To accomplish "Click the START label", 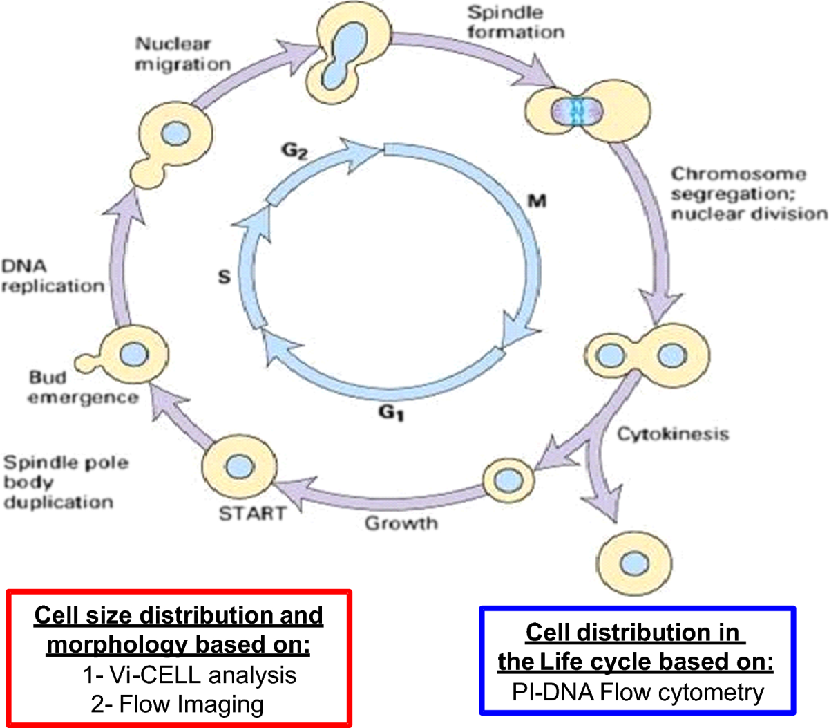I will (252, 514).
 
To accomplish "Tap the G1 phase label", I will (391, 413).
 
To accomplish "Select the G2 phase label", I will (295, 151).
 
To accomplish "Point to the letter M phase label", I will (537, 201).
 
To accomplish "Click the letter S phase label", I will (224, 277).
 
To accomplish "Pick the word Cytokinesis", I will (672, 434).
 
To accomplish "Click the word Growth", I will (401, 523).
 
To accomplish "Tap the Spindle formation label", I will (515, 22).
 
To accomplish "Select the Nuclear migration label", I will (182, 54).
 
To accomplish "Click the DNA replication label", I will (53, 276).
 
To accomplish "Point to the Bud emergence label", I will (83, 387).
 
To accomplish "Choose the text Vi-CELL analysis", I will (189, 675).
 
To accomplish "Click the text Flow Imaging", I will (178, 704).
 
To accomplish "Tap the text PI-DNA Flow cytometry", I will (638, 692).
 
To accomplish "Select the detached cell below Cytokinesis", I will (634, 559).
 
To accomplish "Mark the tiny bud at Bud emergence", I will (86, 361).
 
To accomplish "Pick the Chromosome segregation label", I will (749, 194).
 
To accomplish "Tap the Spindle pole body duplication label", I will (66, 482).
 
